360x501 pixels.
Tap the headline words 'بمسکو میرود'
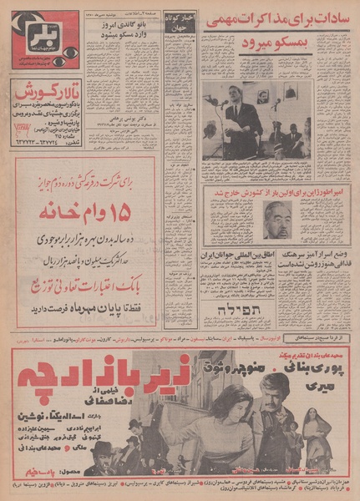pos(271,40)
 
